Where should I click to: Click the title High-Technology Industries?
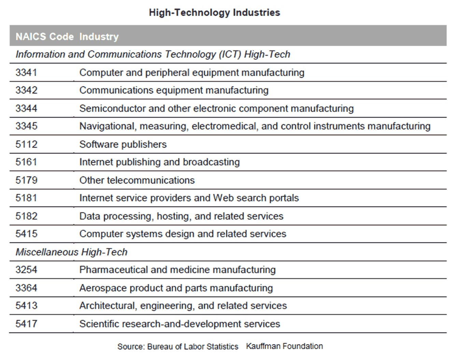(x=214, y=13)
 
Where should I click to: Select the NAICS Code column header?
(x=44, y=37)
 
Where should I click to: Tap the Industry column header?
(x=99, y=37)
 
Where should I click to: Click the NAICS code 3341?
(x=26, y=72)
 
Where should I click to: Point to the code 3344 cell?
(x=26, y=109)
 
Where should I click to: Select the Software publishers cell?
(x=123, y=144)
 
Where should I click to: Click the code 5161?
(x=26, y=162)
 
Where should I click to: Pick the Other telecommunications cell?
(x=137, y=180)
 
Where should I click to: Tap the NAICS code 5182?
(x=26, y=216)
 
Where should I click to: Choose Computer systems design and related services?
(x=183, y=234)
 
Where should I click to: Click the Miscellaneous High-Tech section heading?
(x=71, y=252)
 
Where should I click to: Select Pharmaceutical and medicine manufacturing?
(x=177, y=270)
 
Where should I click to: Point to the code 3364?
(x=26, y=288)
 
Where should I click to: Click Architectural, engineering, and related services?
(x=183, y=306)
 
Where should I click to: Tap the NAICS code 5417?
(x=26, y=324)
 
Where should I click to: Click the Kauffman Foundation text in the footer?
(x=284, y=346)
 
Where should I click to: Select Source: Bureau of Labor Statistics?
(x=178, y=347)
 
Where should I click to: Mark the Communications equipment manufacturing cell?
(x=174, y=90)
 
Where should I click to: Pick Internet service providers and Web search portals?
(x=189, y=198)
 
